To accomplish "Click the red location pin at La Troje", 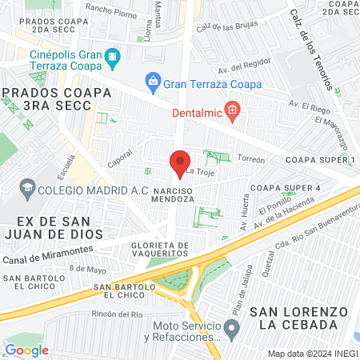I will tap(180, 162).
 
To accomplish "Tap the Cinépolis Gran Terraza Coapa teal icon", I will tap(112, 56).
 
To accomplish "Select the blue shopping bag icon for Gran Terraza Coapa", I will tap(152, 82).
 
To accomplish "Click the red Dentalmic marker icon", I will tap(232, 110).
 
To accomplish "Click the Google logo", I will tap(26, 350).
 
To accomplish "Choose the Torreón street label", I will tap(250, 159).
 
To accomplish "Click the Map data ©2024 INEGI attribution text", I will tap(311, 353).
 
